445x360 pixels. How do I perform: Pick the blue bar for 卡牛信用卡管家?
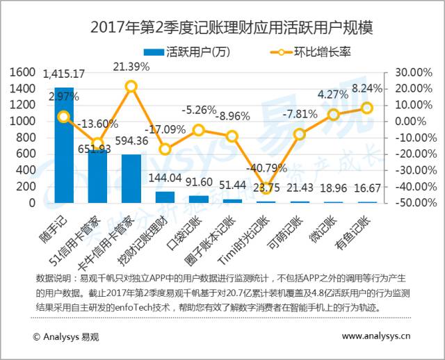point(131,179)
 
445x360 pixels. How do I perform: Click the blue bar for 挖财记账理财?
point(165,197)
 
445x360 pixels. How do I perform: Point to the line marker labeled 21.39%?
point(131,87)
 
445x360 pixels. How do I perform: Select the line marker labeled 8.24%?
point(367,108)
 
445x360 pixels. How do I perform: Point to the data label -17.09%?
point(165,129)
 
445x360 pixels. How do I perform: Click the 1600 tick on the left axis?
point(23,72)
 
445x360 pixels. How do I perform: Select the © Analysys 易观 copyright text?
point(65,336)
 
